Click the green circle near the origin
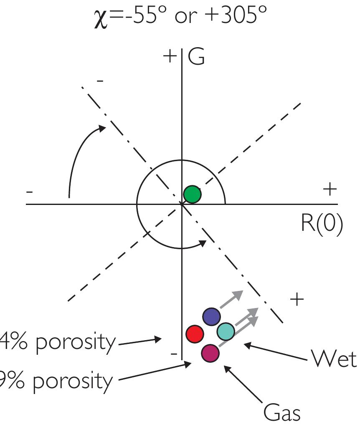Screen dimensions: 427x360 (x=192, y=194)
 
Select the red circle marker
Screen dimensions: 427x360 (x=195, y=334)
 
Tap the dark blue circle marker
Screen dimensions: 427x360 (x=212, y=317)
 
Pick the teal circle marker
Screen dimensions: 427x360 (x=226, y=331)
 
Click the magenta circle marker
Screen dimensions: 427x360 (x=210, y=353)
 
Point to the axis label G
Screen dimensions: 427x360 (x=196, y=58)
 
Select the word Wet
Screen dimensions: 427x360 (x=334, y=358)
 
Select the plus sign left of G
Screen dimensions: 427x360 (x=170, y=56)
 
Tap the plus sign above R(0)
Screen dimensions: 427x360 (x=330, y=189)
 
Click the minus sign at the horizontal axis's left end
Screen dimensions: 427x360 (x=29, y=192)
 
